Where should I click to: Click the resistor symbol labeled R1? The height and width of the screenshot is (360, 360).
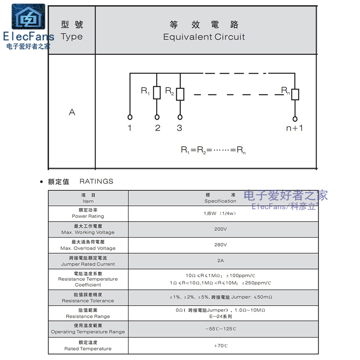pos(157,93)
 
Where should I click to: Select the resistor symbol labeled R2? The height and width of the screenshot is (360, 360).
pos(180,94)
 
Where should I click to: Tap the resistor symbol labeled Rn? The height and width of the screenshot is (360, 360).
pos(295,94)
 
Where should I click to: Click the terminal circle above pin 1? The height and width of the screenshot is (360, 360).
pos(130,116)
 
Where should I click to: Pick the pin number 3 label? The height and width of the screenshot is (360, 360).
pos(180,128)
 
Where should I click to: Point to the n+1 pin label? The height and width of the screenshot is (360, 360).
pos(295,128)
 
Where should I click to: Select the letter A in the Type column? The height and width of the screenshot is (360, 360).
pos(72,112)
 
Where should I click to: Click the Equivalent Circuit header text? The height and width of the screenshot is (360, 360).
pos(204,37)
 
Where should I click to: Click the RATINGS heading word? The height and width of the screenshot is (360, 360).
pos(96,181)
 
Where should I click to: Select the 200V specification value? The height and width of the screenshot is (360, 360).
pos(220,229)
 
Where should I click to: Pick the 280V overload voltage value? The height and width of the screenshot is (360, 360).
pos(220,245)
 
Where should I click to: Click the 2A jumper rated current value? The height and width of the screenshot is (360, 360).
pos(220,261)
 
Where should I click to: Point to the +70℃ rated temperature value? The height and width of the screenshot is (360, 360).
pos(220,346)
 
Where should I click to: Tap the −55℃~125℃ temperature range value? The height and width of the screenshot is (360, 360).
pos(220,329)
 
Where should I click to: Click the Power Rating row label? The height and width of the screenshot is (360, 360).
pos(88,216)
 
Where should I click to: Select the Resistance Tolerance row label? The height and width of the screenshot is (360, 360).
pos(88,301)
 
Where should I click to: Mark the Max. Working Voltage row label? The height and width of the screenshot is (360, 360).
pos(88,232)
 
